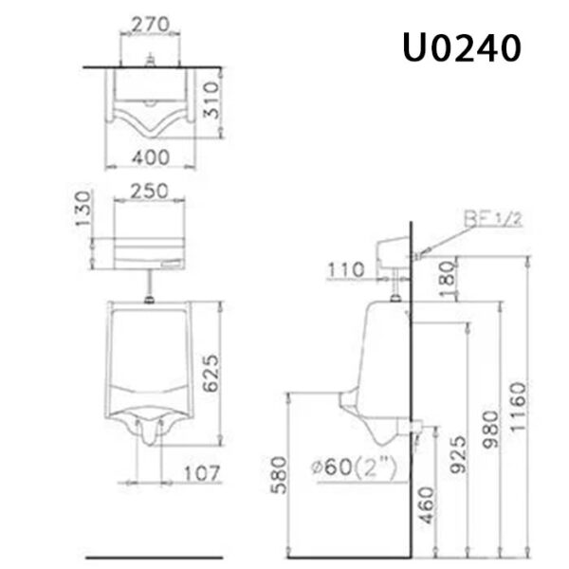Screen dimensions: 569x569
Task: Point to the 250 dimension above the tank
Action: [x=149, y=190]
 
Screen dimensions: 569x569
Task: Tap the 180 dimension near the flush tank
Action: [x=445, y=279]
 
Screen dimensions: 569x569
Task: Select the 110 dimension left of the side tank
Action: [x=346, y=269]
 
